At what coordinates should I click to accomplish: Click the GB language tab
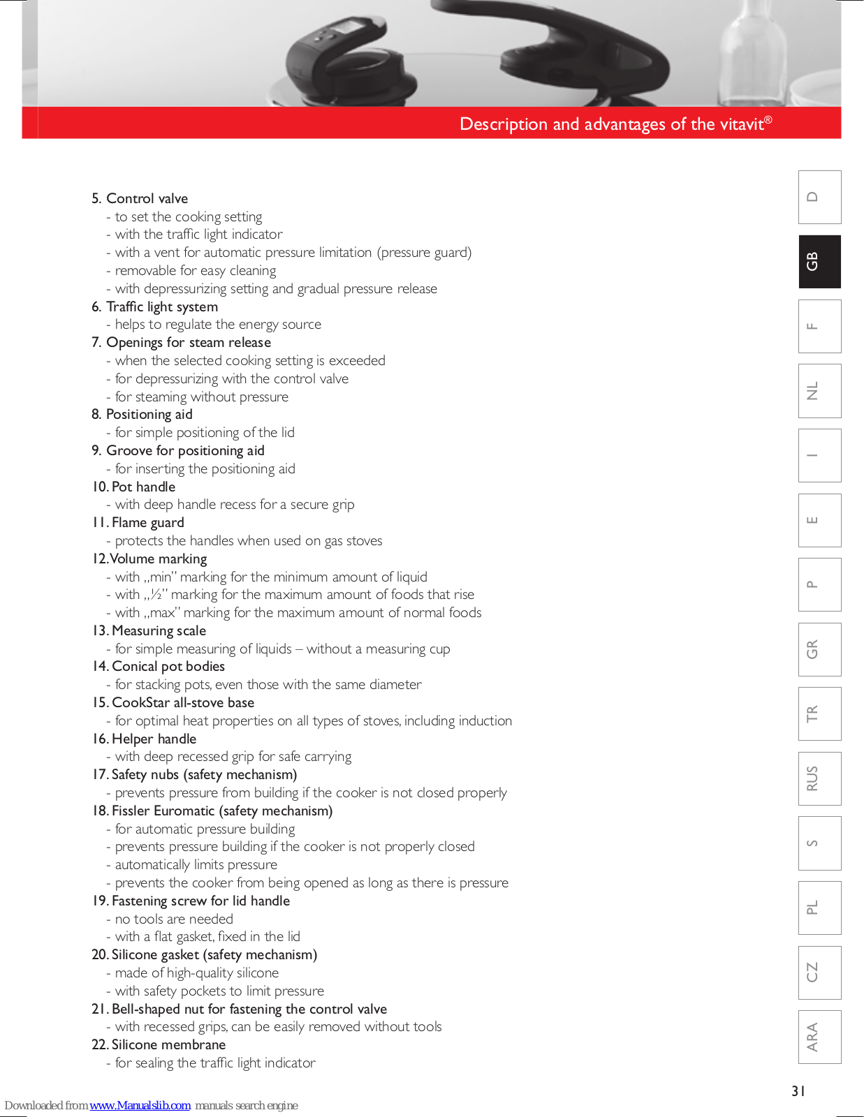click(819, 262)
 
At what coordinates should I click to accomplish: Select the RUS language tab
click(819, 778)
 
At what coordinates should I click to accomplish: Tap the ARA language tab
click(819, 1037)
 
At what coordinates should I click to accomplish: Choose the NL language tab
click(819, 391)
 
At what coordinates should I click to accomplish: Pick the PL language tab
click(819, 908)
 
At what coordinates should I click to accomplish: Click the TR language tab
click(819, 713)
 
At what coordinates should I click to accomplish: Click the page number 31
click(798, 1090)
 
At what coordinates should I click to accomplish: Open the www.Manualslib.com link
click(140, 1105)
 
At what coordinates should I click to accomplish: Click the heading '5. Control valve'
click(140, 198)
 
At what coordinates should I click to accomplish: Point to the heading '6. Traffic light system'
click(154, 306)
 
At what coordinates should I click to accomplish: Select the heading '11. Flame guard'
click(138, 522)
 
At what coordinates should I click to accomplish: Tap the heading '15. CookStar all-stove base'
click(173, 702)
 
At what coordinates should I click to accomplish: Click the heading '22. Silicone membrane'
click(159, 1044)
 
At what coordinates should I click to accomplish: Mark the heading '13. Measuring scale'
click(149, 630)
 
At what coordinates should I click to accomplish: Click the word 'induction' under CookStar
click(485, 720)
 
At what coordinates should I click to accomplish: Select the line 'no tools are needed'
click(174, 919)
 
